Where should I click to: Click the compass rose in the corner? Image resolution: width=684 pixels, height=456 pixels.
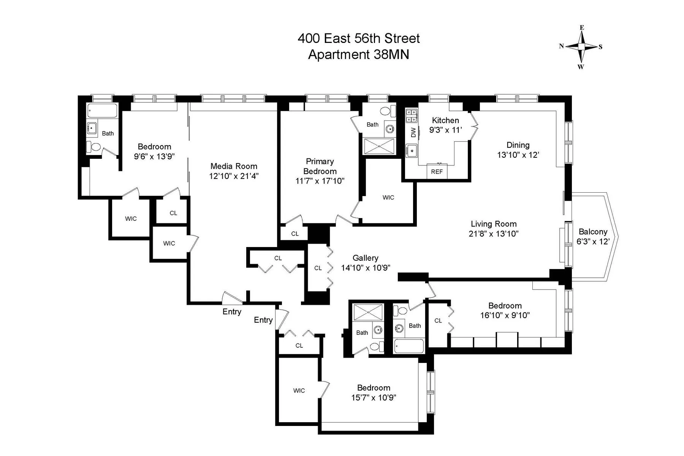click(581, 47)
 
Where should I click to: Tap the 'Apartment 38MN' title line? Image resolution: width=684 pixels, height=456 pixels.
click(358, 55)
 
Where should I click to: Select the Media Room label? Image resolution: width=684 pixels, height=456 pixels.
click(234, 166)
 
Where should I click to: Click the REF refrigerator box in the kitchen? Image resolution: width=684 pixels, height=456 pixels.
click(437, 171)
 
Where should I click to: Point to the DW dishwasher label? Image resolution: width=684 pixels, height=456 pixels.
click(413, 132)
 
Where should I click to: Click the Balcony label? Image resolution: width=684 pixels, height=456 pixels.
click(593, 231)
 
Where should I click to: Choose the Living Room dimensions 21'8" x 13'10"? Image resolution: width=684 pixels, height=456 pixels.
click(493, 234)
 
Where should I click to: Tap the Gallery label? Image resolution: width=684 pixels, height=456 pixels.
click(365, 258)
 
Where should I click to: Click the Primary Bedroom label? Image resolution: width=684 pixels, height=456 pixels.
click(320, 166)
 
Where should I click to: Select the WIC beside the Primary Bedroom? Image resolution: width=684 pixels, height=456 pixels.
click(388, 197)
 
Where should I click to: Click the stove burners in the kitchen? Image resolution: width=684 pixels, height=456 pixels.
click(411, 116)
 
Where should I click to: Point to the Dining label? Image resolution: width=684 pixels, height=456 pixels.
click(518, 145)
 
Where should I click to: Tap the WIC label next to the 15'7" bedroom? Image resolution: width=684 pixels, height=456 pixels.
click(299, 391)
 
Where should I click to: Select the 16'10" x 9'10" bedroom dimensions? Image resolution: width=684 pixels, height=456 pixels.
click(505, 315)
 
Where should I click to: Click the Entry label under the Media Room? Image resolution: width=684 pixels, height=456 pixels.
click(232, 312)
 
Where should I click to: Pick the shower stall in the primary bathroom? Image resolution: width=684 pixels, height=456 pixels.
click(379, 146)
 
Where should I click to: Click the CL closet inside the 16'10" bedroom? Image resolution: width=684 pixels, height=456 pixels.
click(438, 321)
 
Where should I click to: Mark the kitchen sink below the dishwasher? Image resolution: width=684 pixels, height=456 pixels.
click(411, 150)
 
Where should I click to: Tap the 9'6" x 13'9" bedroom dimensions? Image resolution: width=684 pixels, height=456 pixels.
click(154, 156)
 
